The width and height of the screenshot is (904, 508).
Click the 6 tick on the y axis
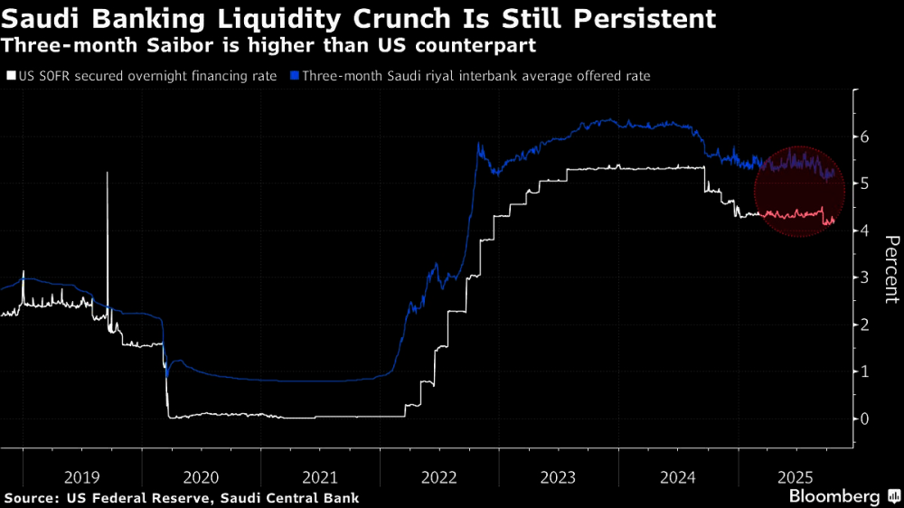[865, 137]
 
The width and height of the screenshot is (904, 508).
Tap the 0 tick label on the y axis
[865, 419]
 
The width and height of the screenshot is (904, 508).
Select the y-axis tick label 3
[865, 278]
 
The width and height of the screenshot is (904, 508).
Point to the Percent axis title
[890, 268]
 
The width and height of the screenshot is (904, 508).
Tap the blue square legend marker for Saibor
[296, 77]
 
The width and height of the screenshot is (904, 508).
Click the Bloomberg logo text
[833, 496]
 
